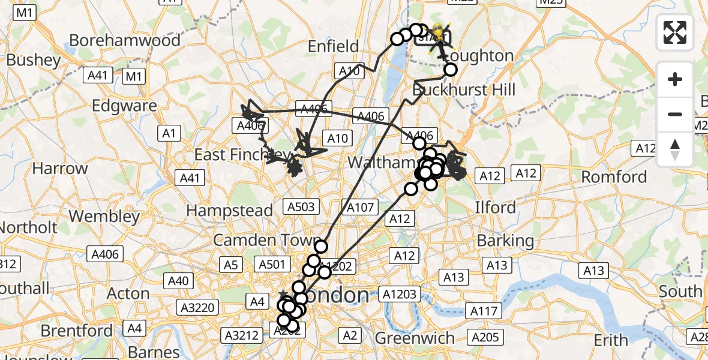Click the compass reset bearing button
pos(675,149)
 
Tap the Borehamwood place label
pos(125,40)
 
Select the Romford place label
pos(614,177)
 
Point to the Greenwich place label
pos(415,338)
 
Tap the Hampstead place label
pos(229,211)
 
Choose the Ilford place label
pos(495,208)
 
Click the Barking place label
pos(505,241)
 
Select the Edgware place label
pos(124,106)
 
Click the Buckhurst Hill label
pos(464,90)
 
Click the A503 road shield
pos(301,206)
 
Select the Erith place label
pos(611,340)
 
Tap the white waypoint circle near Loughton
pos(450,70)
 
